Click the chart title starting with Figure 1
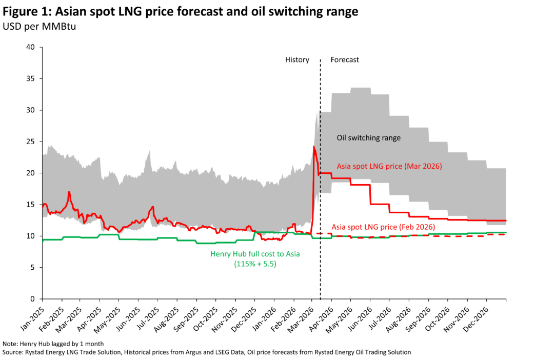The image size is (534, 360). point(181,12)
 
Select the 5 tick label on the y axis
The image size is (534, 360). point(32,268)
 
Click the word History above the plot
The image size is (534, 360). point(297,59)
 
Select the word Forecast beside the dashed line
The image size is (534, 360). point(345,59)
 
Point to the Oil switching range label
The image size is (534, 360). point(368,138)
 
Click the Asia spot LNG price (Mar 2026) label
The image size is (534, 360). point(389,166)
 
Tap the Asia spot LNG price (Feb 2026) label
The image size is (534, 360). point(384,226)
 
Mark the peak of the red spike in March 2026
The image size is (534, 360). point(314,147)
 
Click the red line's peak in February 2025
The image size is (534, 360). point(69,192)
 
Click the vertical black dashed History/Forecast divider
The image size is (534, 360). point(320,179)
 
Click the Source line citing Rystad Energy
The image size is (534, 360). point(206,352)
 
